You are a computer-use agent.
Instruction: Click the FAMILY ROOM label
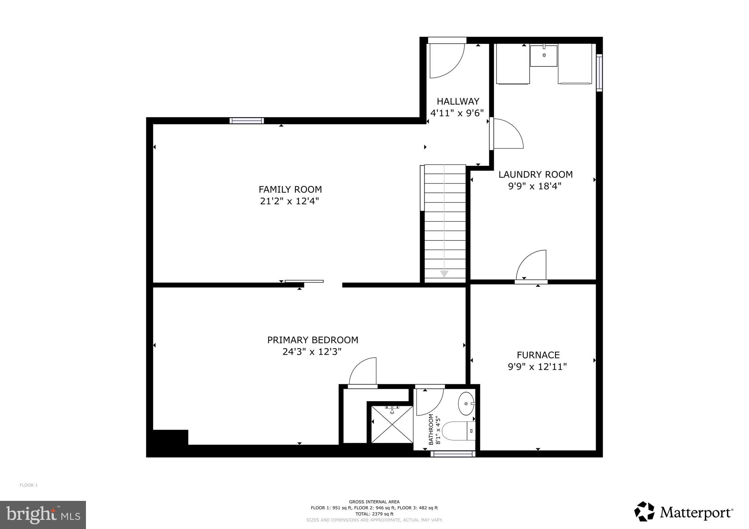tap(290, 190)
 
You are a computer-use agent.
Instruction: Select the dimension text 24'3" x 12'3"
tap(312, 352)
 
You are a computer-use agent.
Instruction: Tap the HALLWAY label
tap(458, 101)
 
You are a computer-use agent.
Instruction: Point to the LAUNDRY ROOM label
tap(535, 175)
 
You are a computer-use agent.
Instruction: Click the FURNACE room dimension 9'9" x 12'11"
tap(537, 366)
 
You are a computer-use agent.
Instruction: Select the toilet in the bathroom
tap(457, 431)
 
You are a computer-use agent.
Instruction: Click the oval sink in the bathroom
tap(466, 404)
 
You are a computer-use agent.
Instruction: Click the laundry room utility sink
tap(544, 56)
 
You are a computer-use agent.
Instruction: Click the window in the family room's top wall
tap(246, 121)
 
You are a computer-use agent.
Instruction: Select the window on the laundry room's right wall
tap(599, 73)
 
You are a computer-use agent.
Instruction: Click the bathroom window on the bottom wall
tap(453, 454)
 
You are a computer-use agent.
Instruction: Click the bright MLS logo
tap(43, 515)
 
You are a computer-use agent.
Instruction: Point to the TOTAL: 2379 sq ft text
tap(374, 514)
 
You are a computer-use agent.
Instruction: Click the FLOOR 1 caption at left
tap(29, 485)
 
